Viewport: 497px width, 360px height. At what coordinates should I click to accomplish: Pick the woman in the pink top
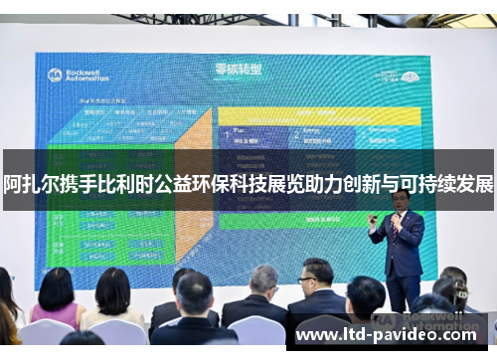pos(56,303)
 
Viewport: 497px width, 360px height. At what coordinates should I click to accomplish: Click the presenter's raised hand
pos(375,216)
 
